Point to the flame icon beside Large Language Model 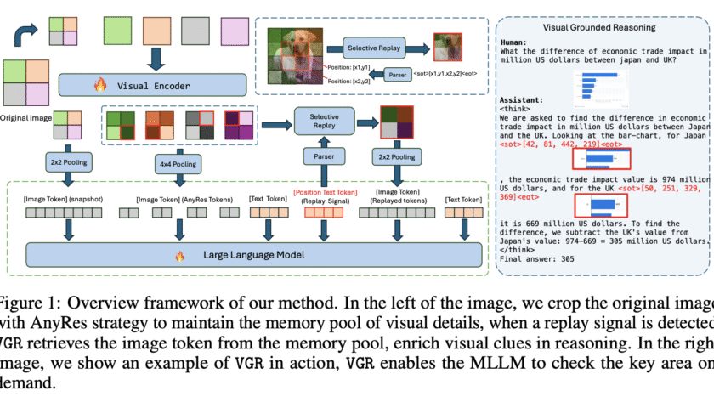pos(178,254)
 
